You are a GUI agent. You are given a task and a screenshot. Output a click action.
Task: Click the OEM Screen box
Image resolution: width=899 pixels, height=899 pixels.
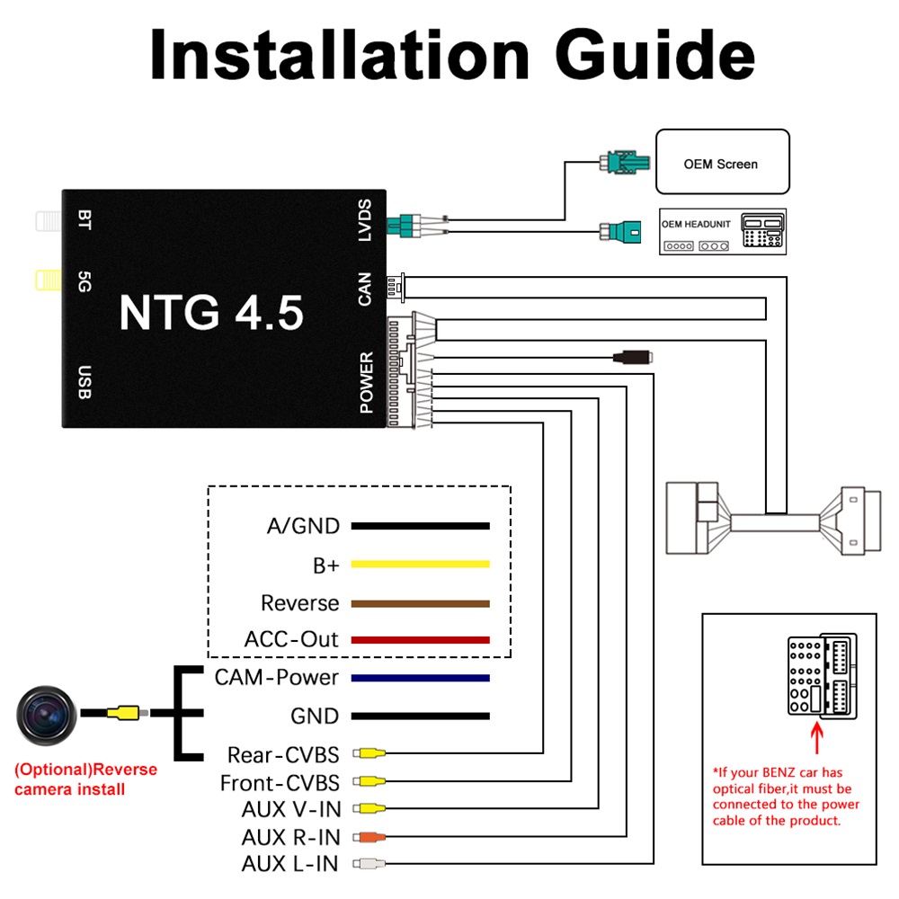pyautogui.click(x=723, y=162)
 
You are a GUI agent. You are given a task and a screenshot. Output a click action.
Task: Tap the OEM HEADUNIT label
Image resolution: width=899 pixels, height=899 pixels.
pyautogui.click(x=696, y=224)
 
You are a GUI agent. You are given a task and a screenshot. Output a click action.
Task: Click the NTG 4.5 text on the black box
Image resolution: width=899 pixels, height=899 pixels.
pyautogui.click(x=211, y=313)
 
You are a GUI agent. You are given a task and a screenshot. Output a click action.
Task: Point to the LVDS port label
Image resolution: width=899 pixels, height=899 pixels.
pyautogui.click(x=365, y=220)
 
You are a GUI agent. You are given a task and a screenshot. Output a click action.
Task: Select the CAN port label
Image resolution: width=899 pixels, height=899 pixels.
pyautogui.click(x=365, y=289)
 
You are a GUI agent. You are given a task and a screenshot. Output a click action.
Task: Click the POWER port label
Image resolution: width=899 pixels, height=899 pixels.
pyautogui.click(x=367, y=382)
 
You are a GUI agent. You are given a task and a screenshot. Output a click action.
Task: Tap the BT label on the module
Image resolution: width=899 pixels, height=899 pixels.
pyautogui.click(x=85, y=220)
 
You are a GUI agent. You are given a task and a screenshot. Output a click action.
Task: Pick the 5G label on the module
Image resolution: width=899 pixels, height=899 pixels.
pyautogui.click(x=85, y=281)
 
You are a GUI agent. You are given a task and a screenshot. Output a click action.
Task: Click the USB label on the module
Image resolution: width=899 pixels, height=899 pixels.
pyautogui.click(x=85, y=382)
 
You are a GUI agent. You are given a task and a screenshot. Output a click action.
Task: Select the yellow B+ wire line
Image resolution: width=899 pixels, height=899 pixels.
pyautogui.click(x=420, y=565)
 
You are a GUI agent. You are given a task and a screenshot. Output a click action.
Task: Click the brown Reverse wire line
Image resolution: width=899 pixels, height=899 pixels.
pyautogui.click(x=420, y=604)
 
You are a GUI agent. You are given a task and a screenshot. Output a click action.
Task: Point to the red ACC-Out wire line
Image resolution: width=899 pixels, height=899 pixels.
pyautogui.click(x=420, y=640)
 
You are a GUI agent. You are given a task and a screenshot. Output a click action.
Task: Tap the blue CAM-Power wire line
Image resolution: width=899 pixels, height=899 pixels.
pyautogui.click(x=420, y=678)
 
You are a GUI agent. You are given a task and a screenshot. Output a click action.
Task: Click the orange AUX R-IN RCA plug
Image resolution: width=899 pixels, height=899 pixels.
pyautogui.click(x=369, y=837)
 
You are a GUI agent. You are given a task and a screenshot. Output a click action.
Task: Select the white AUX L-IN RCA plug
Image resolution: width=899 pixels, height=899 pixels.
pyautogui.click(x=369, y=863)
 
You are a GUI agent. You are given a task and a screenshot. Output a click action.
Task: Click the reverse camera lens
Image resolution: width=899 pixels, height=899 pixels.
pyautogui.click(x=47, y=715)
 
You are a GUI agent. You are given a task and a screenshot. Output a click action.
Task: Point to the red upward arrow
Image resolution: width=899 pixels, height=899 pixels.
pyautogui.click(x=817, y=738)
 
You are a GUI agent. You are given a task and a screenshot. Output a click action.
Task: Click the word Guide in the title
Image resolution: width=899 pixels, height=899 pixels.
pyautogui.click(x=655, y=56)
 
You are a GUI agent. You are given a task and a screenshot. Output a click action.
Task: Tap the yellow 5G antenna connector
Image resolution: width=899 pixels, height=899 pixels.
pyautogui.click(x=49, y=280)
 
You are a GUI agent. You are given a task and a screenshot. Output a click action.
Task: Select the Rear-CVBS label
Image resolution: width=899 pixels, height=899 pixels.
pyautogui.click(x=283, y=755)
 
